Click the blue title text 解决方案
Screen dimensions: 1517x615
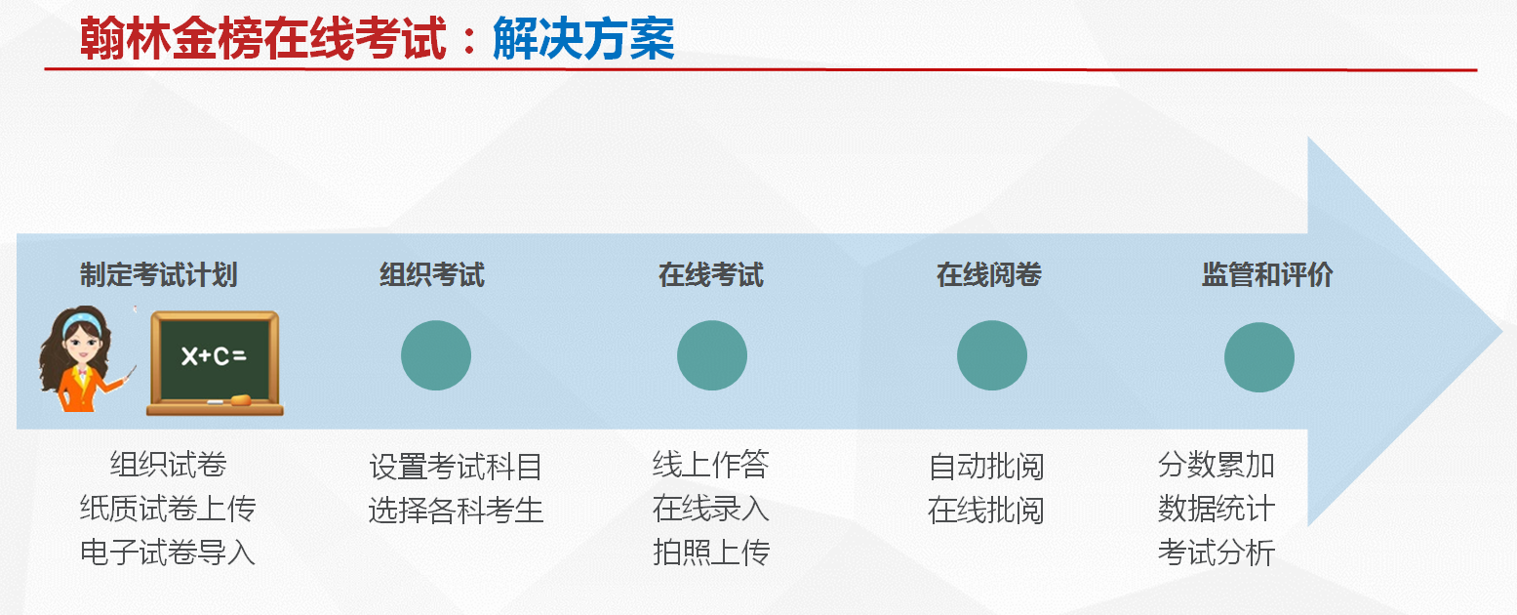[583, 39]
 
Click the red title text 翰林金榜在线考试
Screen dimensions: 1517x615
[263, 39]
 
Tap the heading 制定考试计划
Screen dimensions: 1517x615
[158, 275]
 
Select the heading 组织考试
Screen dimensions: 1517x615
[432, 275]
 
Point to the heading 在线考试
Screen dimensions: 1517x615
[711, 275]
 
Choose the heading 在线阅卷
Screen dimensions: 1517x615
[989, 275]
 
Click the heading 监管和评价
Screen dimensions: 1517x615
[1267, 275]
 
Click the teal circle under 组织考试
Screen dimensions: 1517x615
[436, 355]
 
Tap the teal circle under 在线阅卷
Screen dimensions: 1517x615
[992, 355]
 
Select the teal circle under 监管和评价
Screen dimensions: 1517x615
[1259, 357]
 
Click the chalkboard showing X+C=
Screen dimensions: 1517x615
[215, 363]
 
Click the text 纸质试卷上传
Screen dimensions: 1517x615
[168, 509]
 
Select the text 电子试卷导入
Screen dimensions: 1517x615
[168, 553]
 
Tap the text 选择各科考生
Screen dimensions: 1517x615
[456, 510]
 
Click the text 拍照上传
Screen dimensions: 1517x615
[711, 553]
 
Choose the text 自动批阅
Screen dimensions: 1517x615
[986, 467]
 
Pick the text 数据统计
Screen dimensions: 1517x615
[1217, 509]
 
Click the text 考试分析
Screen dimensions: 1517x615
[1217, 553]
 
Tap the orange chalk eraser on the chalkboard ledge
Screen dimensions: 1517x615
[240, 399]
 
